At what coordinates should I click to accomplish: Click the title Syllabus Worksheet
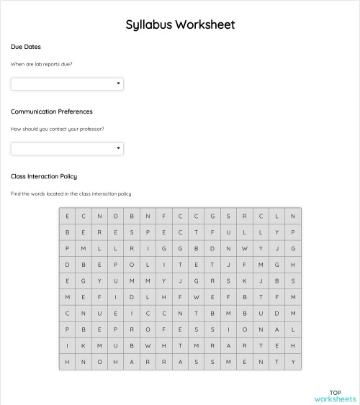(x=180, y=25)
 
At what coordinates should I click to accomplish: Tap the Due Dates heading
(x=26, y=47)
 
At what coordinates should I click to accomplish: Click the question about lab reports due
(x=41, y=64)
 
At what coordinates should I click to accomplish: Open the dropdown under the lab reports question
(x=67, y=84)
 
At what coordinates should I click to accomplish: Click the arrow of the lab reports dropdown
(x=118, y=84)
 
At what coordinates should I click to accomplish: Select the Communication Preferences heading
(x=52, y=112)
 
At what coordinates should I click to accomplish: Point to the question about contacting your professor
(x=57, y=129)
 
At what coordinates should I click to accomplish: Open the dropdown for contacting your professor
(x=67, y=149)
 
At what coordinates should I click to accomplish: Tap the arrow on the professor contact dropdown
(x=118, y=149)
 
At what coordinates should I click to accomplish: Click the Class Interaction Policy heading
(x=44, y=176)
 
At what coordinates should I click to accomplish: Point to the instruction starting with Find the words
(x=71, y=194)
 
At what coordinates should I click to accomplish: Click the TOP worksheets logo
(x=335, y=394)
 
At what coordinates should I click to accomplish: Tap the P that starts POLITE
(x=116, y=265)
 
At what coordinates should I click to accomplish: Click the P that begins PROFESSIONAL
(x=116, y=330)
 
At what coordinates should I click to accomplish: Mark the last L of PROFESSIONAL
(x=293, y=330)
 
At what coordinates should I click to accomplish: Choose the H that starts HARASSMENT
(x=116, y=363)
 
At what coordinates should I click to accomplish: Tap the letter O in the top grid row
(x=116, y=216)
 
